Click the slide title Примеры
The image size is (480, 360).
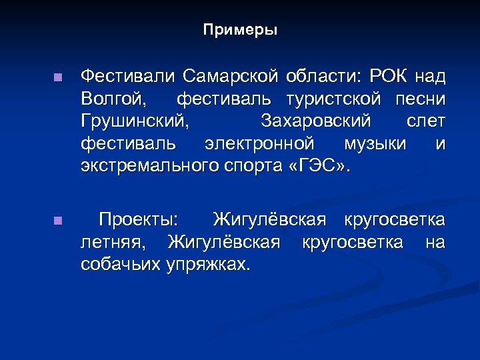coord(240,31)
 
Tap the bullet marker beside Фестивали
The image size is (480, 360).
coord(58,77)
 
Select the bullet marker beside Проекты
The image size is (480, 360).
coord(58,220)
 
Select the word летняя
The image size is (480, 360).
coord(113,241)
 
